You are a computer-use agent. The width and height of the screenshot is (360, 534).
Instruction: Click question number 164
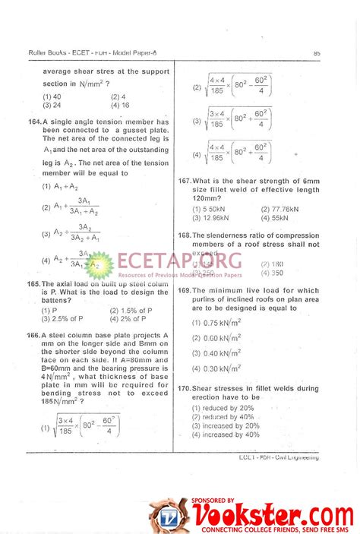[33, 122]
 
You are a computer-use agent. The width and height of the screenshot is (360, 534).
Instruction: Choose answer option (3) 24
[52, 106]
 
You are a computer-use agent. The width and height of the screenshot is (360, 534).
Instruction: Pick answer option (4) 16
[120, 106]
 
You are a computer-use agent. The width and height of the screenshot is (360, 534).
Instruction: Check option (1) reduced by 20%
[224, 408]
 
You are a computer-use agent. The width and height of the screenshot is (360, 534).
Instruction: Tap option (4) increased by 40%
[226, 435]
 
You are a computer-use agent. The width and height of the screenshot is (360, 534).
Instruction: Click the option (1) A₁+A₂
[61, 186]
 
